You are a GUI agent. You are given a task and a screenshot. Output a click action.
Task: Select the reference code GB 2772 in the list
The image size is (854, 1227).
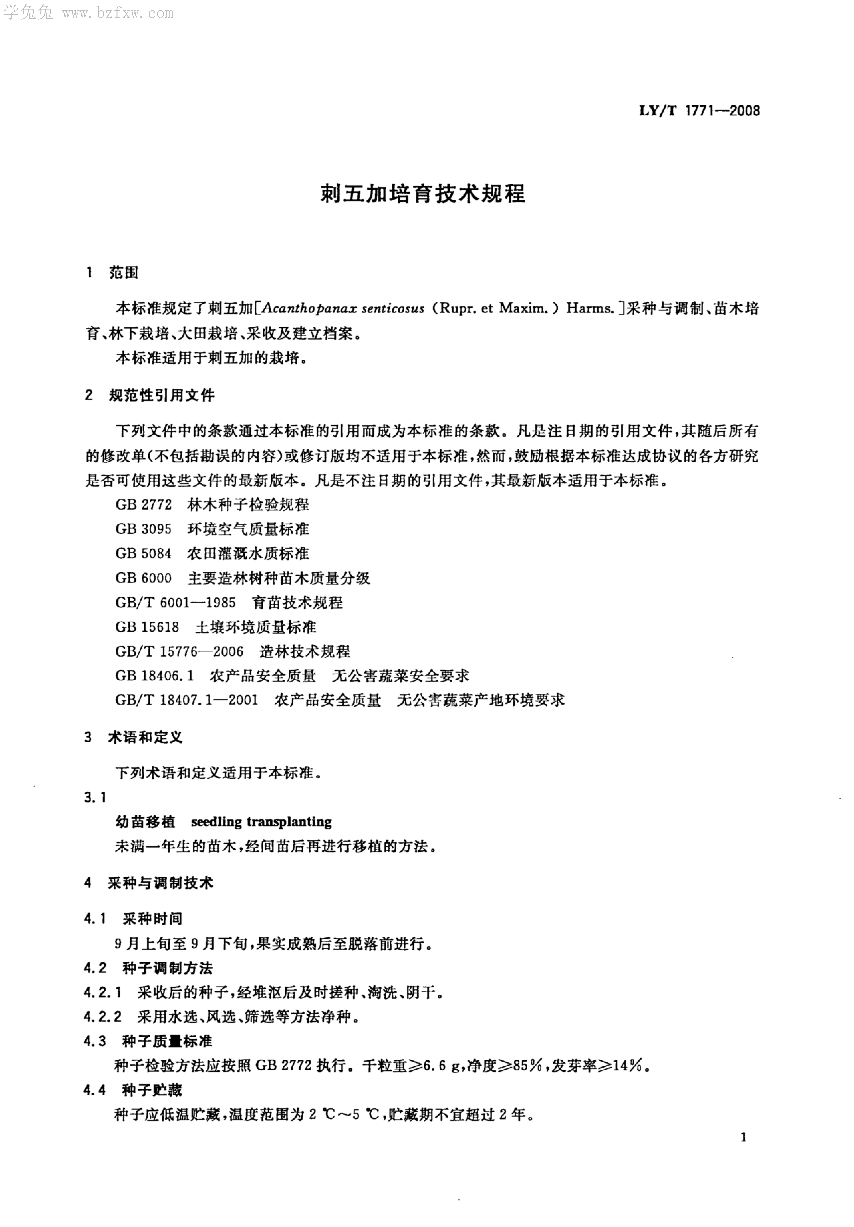pos(144,505)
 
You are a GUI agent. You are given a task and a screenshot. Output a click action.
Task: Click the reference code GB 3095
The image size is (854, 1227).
pos(144,529)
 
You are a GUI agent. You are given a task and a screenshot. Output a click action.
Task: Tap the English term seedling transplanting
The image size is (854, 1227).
pos(261,822)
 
